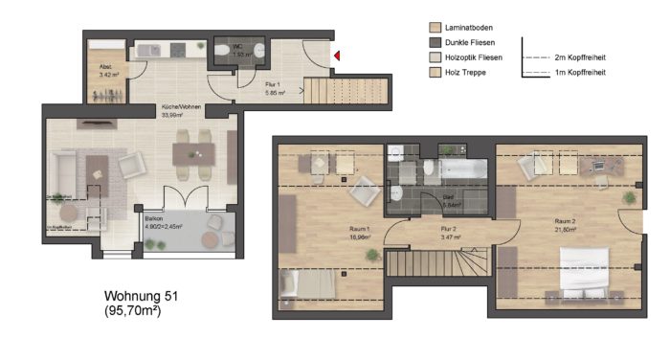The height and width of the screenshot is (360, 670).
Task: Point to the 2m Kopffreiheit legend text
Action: (x=580, y=57)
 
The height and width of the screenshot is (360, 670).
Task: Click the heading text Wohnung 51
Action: (x=140, y=298)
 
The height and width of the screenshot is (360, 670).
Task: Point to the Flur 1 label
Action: (x=275, y=84)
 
